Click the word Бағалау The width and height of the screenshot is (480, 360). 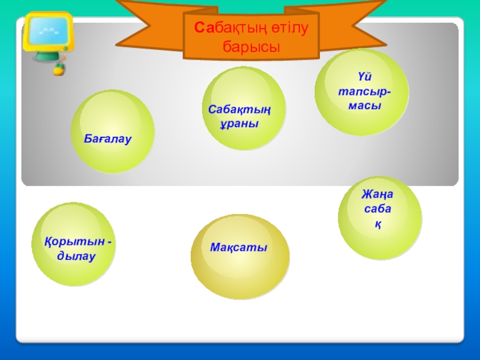pos(108,139)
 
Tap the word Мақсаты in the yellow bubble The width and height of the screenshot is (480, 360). pos(239,248)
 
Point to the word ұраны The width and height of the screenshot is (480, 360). pos(239,124)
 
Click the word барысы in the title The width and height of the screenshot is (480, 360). pos(252,46)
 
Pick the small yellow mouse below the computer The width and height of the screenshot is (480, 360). pos(58,69)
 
